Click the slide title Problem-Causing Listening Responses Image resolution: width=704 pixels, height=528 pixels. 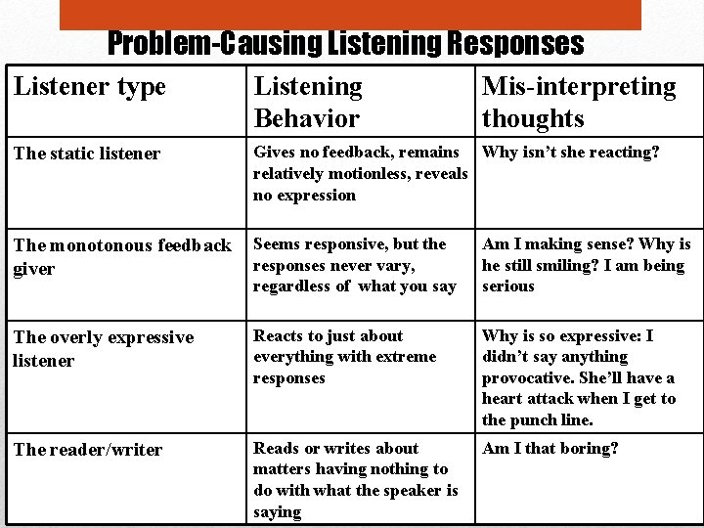345,44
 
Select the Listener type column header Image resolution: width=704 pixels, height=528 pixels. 90,86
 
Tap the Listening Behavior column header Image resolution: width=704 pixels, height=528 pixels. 308,103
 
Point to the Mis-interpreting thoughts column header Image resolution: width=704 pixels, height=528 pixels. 579,103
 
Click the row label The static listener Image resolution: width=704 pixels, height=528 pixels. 87,153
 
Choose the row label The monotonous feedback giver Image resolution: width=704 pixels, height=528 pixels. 122,256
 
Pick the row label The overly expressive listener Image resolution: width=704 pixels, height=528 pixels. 104,348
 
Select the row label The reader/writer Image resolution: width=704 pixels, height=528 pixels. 88,450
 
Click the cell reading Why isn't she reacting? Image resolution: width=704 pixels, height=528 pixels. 571,153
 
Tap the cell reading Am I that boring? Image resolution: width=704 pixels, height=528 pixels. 550,449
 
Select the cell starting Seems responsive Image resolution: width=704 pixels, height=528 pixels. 355,265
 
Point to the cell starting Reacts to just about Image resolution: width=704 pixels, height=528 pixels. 345,357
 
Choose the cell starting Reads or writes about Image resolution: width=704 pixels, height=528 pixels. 356,480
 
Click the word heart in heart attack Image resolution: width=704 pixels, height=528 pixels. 503,399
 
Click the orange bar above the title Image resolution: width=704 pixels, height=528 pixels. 350,14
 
